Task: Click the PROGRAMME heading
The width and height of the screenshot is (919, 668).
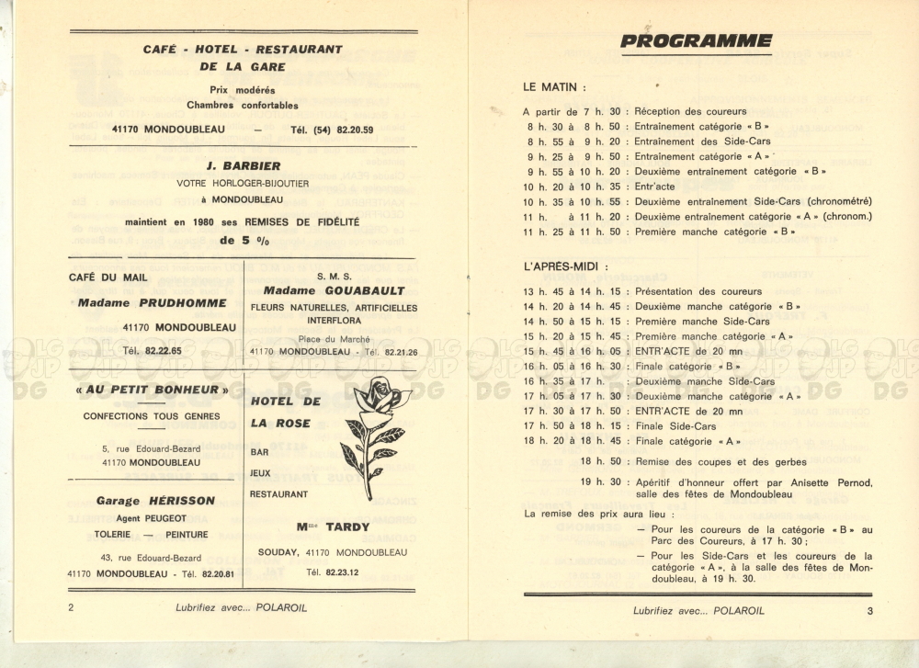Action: point(696,40)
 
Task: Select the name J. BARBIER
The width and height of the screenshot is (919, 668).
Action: point(243,166)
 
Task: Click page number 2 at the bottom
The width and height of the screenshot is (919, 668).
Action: point(72,607)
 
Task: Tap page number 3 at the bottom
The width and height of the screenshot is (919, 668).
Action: point(868,610)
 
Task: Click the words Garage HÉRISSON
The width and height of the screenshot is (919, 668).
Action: point(155,501)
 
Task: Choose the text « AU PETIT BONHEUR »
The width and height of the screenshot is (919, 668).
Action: point(153,390)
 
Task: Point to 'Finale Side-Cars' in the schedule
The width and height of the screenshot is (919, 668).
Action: point(675,426)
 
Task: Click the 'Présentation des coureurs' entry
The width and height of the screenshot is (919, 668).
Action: point(698,291)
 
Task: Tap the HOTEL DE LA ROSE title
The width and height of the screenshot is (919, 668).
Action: point(285,412)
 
